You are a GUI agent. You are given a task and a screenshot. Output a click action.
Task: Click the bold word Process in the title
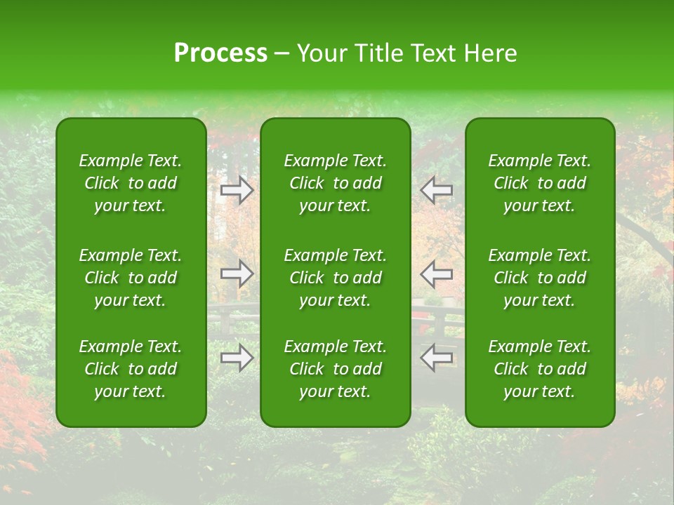click(x=220, y=53)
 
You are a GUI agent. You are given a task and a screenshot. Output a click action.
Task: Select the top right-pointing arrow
click(x=237, y=189)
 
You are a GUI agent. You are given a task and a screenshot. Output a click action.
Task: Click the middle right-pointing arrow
click(x=237, y=273)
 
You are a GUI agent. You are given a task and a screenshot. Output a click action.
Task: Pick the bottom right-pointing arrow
click(x=237, y=358)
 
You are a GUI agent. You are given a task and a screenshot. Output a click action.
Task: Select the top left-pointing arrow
click(x=436, y=189)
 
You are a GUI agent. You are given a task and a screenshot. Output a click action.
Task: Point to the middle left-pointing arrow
click(x=436, y=273)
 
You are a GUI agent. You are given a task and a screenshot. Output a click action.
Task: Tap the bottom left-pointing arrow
click(x=436, y=358)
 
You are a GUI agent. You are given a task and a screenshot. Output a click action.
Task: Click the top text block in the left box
click(x=131, y=183)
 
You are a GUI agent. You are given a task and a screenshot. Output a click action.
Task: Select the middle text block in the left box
click(x=131, y=278)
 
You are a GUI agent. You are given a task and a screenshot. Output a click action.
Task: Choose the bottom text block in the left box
click(x=131, y=369)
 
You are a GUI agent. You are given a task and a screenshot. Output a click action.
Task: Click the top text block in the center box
click(x=335, y=183)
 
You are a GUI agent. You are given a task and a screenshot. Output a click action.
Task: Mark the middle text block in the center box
click(x=335, y=278)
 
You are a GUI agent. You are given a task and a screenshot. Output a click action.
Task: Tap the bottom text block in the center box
click(x=335, y=369)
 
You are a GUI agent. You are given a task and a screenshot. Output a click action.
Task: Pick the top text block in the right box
click(x=539, y=183)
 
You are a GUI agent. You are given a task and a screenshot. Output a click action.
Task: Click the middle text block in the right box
click(x=539, y=278)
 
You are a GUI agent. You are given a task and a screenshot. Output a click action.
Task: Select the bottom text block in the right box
click(x=539, y=369)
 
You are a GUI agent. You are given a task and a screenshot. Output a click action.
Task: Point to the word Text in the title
click(x=431, y=53)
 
